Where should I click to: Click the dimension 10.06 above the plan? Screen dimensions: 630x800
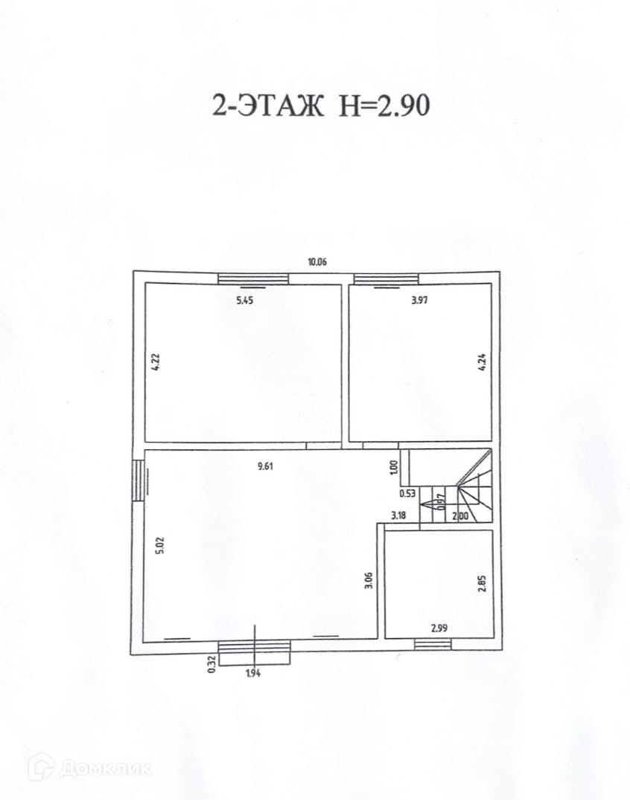tap(316, 262)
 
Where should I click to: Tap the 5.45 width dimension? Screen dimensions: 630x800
tap(244, 300)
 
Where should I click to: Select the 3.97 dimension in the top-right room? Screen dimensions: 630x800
tap(419, 300)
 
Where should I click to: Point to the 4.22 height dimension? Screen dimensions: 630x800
tap(156, 362)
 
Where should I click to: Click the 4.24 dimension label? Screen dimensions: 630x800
tap(482, 362)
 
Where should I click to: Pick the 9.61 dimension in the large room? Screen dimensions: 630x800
tap(265, 466)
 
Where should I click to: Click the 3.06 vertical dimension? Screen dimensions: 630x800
tap(369, 580)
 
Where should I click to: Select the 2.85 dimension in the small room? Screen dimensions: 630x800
tap(482, 584)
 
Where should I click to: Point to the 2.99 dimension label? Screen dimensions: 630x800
tap(439, 628)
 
